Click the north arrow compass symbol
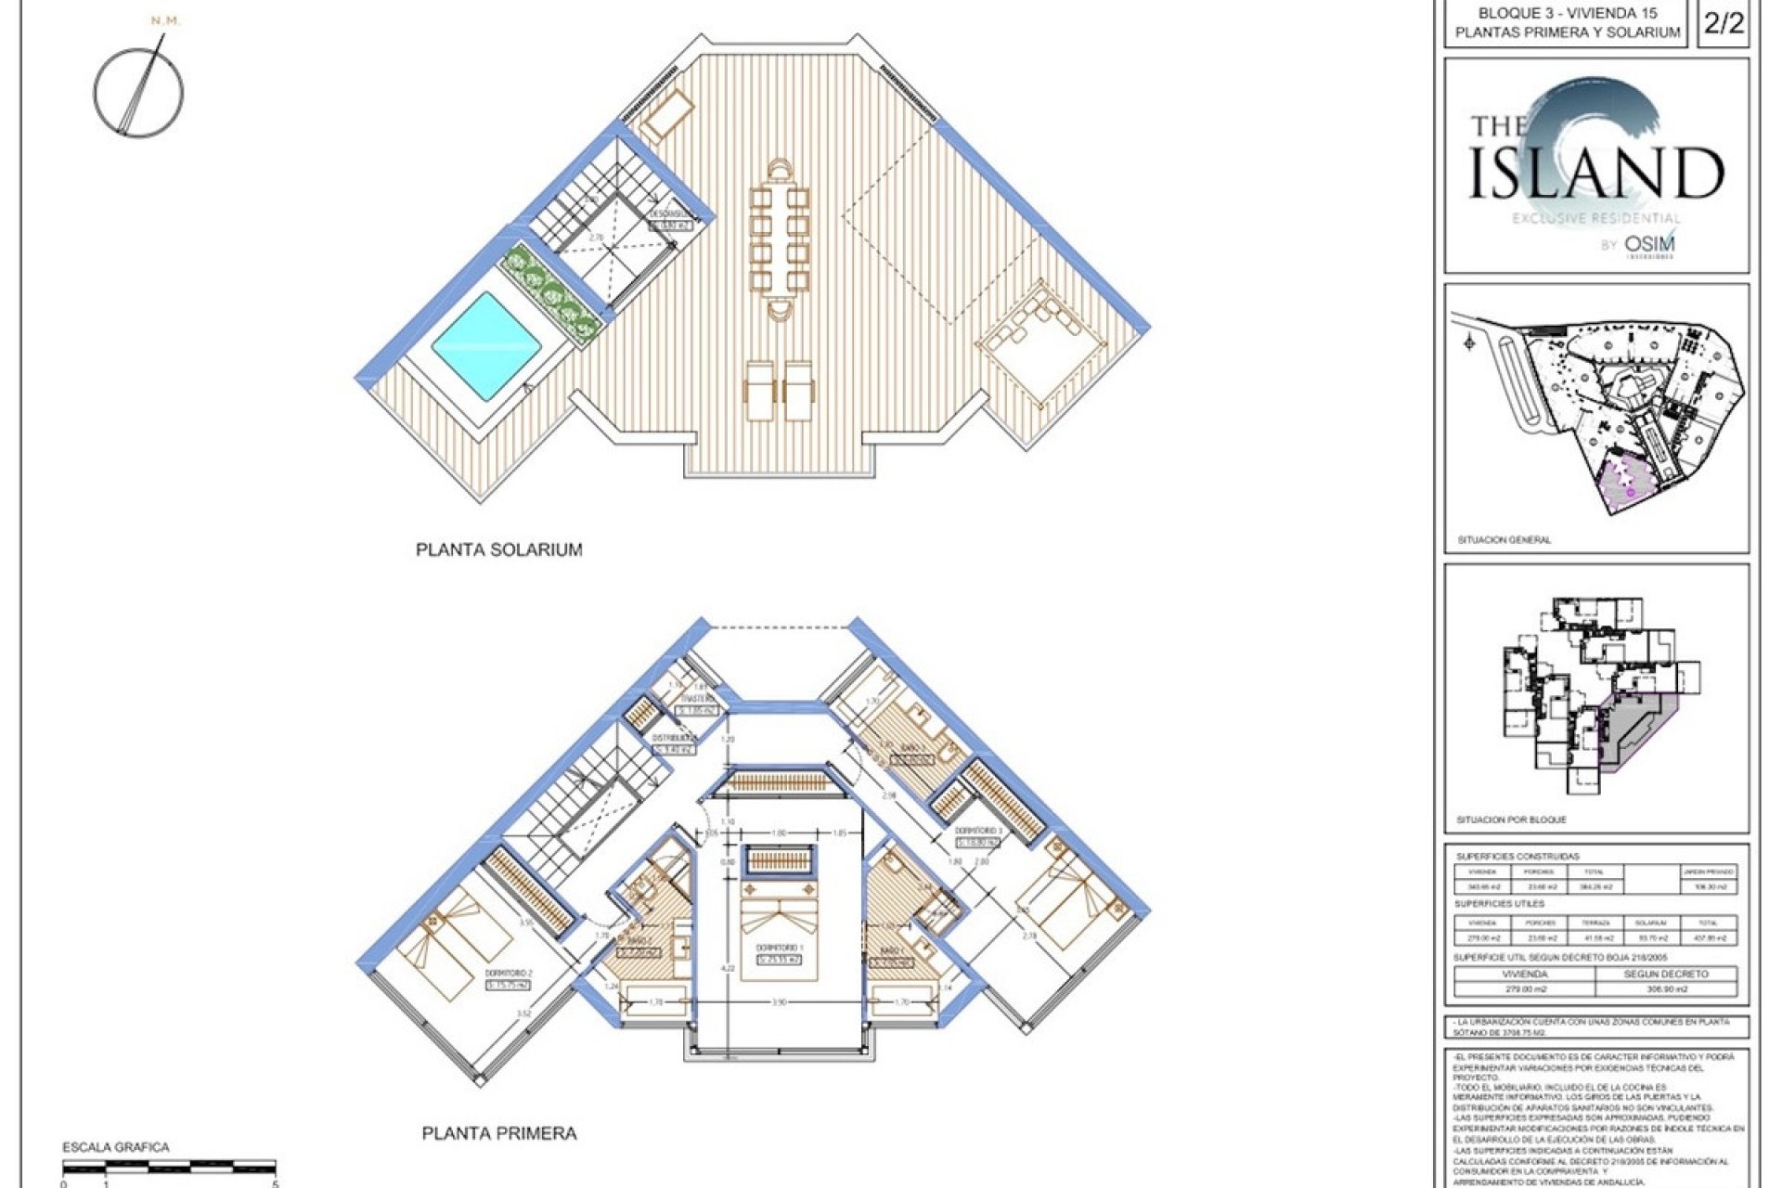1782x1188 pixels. tap(139, 91)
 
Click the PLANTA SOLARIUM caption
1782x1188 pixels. tap(498, 549)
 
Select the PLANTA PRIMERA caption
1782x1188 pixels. tap(498, 1133)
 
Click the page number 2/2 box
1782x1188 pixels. tap(1724, 24)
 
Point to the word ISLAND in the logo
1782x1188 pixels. tap(1595, 174)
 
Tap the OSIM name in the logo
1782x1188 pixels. tap(1649, 245)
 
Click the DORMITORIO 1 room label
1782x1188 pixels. tap(778, 949)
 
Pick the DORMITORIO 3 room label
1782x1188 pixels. tap(978, 831)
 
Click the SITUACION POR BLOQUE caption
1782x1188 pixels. tap(1511, 820)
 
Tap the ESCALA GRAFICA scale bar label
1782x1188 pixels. tap(116, 1147)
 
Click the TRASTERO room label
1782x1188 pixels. tap(698, 699)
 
